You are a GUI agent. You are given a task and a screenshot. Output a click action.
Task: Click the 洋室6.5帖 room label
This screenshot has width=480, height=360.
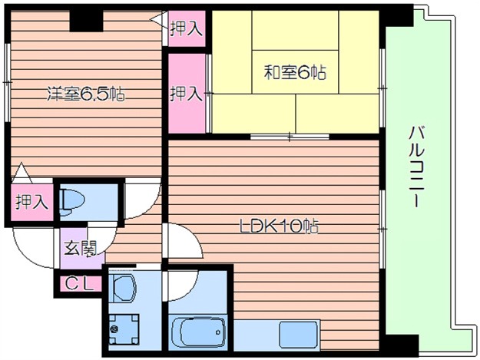pyautogui.click(x=86, y=95)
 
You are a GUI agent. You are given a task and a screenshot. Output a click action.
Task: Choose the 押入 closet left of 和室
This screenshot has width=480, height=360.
pyautogui.click(x=187, y=94)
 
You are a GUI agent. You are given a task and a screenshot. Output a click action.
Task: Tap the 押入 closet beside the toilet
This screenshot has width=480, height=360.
pyautogui.click(x=31, y=202)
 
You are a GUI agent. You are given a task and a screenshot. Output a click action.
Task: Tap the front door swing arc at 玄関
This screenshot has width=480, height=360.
pyautogui.click(x=35, y=246)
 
